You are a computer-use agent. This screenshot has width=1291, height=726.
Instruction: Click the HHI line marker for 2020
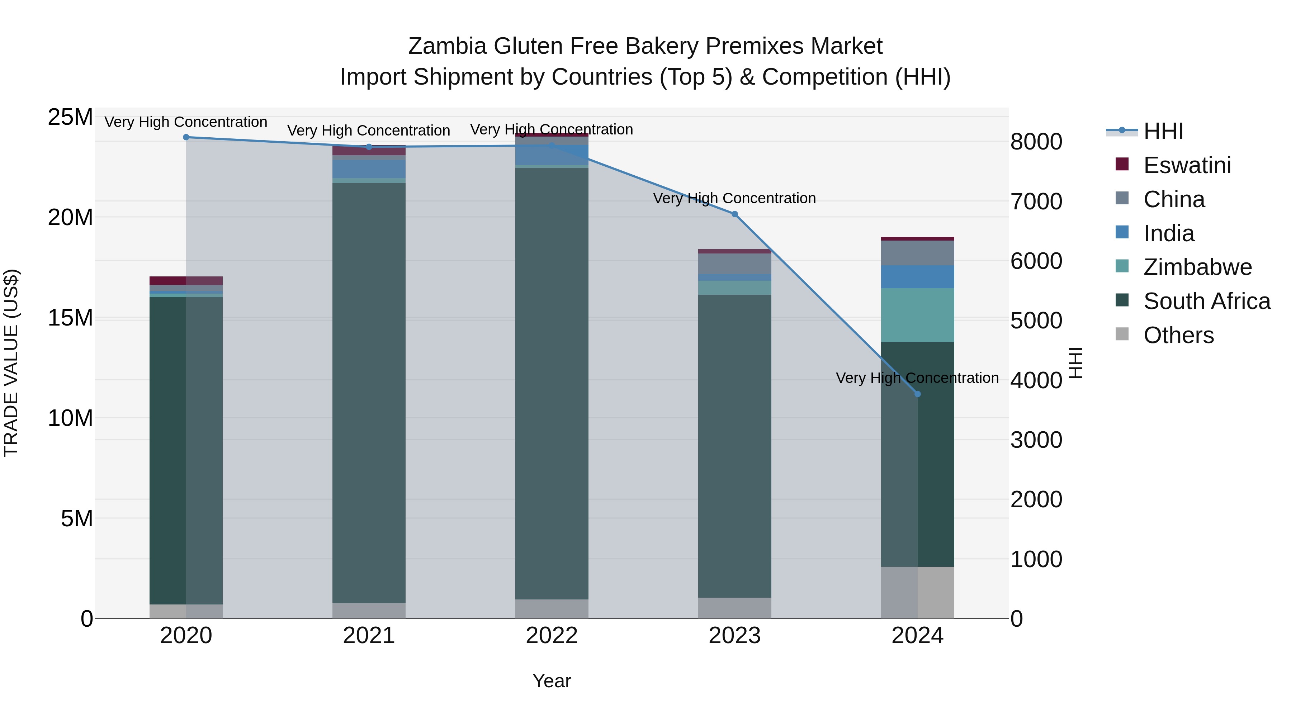coord(186,137)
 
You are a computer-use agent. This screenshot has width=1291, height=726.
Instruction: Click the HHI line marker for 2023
coord(735,214)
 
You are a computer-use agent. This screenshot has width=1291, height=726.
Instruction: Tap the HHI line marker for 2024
coord(918,394)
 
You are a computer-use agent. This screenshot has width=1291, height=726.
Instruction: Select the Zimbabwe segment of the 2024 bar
coord(918,315)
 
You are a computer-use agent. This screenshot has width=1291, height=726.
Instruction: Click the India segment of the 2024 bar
coord(918,276)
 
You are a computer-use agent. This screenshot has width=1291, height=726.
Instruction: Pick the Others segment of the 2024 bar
coord(918,592)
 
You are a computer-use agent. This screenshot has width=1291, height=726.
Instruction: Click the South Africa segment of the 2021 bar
coord(369,391)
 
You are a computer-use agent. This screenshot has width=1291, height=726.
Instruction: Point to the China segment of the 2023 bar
coord(735,264)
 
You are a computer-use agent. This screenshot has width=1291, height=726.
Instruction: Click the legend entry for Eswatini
coord(1187,165)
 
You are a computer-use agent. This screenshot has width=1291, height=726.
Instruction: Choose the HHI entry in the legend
coord(1163,131)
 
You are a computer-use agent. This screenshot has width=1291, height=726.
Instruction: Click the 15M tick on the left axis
coord(70,318)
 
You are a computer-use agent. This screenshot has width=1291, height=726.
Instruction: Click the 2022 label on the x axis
coord(552,636)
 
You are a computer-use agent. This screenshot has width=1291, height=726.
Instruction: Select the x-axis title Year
coord(552,681)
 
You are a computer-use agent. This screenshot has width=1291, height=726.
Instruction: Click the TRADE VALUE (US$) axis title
coord(11,363)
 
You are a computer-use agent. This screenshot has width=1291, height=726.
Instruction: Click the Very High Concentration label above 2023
coord(735,198)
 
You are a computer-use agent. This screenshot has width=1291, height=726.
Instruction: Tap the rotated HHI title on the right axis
coord(1075,363)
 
